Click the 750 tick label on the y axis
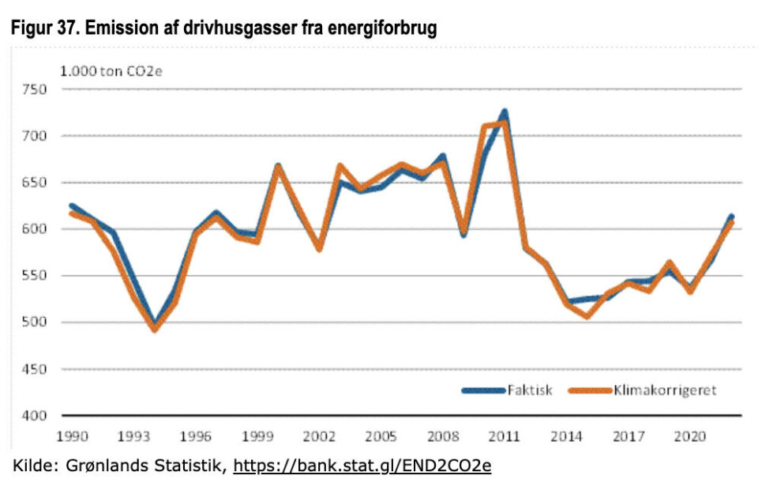click(x=38, y=90)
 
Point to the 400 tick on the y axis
click(x=38, y=416)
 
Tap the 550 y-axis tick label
click(x=38, y=276)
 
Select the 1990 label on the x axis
click(x=73, y=435)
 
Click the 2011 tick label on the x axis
click(x=503, y=435)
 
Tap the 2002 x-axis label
click(x=318, y=435)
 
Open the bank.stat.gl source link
click(x=362, y=466)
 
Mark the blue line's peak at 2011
click(x=503, y=112)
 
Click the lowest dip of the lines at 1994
click(x=155, y=327)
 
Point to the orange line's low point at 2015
click(x=586, y=316)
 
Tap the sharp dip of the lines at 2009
click(x=463, y=234)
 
